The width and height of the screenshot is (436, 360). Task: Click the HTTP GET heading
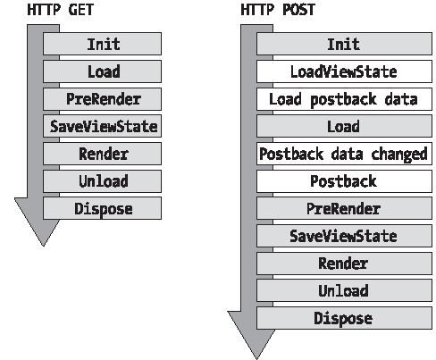61,10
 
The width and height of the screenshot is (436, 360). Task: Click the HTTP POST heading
278,10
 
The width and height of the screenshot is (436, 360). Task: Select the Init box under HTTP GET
102,44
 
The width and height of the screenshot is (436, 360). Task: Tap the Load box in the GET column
102,71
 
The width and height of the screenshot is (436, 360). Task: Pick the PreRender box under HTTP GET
102,99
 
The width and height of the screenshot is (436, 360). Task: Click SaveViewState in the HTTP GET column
102,126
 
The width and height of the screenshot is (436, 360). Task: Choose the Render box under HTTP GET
102,154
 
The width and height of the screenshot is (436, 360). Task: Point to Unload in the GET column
102,181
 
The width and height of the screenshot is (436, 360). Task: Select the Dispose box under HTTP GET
102,208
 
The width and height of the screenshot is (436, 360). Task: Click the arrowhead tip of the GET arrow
44,246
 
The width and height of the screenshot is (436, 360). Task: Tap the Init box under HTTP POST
344,44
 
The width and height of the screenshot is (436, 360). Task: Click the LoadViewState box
344,71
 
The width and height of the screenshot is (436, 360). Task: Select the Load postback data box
344,99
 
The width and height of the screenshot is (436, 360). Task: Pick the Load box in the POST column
344,126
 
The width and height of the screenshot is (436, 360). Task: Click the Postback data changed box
344,154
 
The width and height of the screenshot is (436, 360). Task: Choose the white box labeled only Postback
344,181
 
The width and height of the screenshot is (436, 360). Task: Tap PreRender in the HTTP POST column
344,208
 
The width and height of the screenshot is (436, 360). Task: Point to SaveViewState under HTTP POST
344,236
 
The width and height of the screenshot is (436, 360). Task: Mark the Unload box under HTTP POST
344,290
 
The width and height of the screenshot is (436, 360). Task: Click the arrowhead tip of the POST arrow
256,358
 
